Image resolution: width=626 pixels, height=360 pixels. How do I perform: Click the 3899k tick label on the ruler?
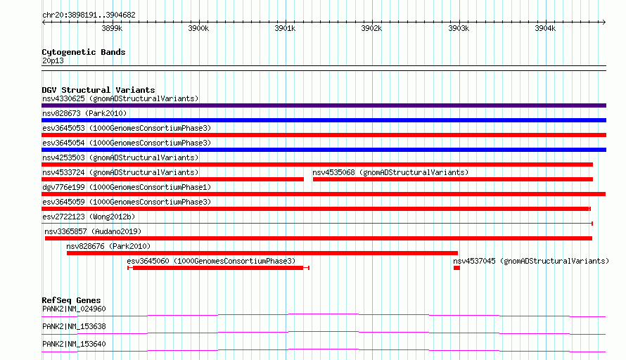112,29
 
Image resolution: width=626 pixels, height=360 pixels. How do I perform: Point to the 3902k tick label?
371,29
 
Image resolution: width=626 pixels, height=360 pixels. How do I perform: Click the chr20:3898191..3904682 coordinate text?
89,15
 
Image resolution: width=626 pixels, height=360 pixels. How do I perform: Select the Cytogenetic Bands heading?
83,52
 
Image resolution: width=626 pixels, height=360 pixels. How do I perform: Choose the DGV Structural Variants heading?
98,90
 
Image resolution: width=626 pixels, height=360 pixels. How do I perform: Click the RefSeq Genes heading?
71,300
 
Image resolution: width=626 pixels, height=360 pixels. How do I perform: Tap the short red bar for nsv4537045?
456,268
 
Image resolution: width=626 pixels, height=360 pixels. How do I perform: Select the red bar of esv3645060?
218,268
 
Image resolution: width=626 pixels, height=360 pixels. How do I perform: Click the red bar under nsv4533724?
172,179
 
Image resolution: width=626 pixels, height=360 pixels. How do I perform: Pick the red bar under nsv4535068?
452,179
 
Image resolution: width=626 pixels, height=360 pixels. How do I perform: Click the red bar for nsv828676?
262,253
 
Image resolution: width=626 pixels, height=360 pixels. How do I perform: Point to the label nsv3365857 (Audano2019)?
93,231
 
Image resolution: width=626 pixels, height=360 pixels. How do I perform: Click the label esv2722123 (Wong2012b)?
89,217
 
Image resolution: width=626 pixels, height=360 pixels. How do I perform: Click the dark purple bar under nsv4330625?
324,105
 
